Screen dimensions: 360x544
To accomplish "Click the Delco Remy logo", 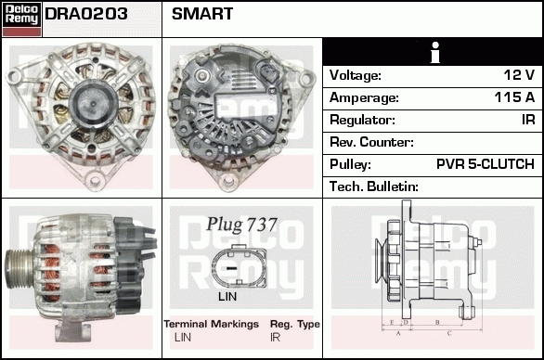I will [22, 19].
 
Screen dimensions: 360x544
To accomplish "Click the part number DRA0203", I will [85, 15].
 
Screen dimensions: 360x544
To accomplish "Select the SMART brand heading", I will [202, 15].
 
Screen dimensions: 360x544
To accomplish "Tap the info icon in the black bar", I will [433, 51].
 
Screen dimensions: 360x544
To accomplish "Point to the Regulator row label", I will [362, 120].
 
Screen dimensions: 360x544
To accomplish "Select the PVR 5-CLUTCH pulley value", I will [486, 164].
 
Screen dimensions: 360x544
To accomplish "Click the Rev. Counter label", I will [371, 142].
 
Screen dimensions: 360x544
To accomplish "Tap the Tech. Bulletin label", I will [374, 186].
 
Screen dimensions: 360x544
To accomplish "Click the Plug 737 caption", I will [241, 225].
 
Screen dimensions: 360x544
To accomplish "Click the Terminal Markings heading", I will [211, 324].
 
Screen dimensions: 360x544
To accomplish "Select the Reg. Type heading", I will [294, 324].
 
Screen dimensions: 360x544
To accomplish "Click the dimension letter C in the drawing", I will [448, 331].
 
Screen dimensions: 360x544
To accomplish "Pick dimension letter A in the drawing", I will [397, 331].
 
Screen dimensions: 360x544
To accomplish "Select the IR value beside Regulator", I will [526, 120].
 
